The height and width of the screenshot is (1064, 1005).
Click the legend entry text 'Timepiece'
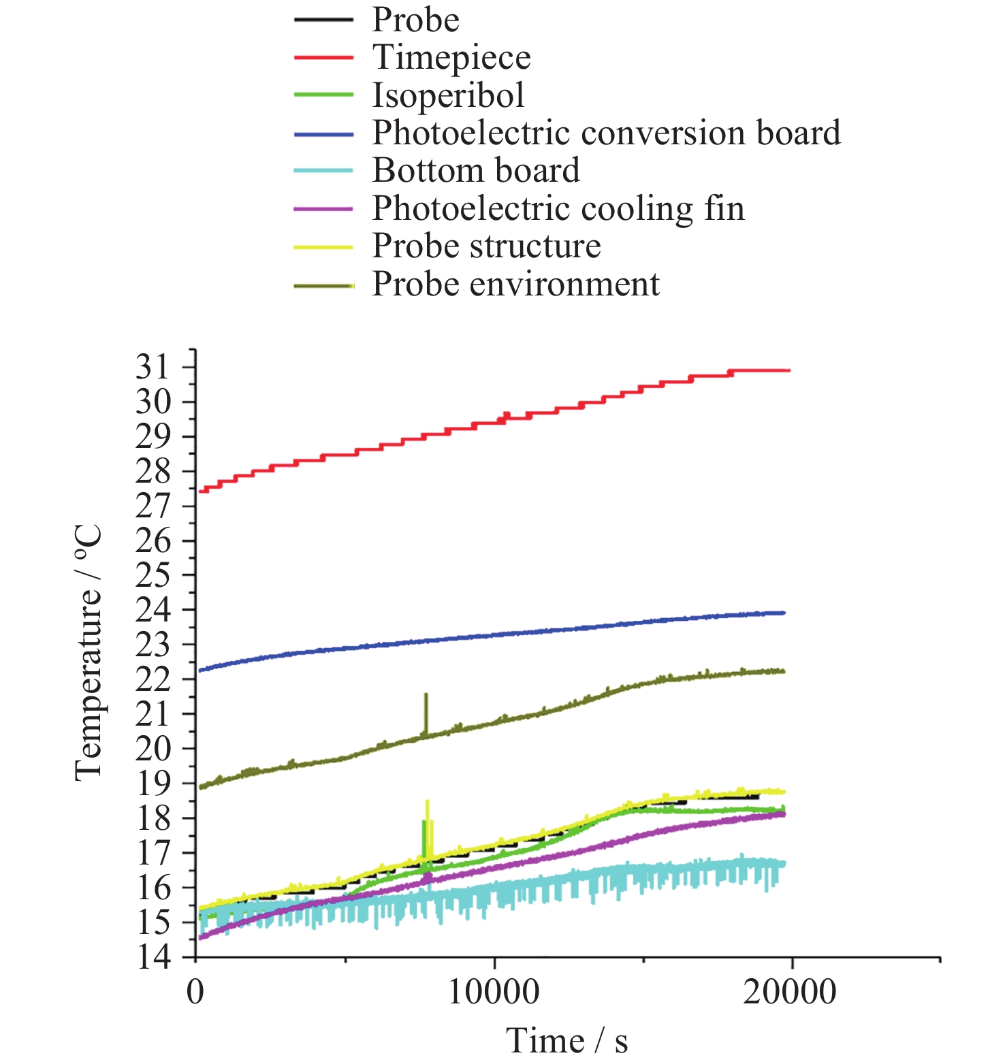point(451,57)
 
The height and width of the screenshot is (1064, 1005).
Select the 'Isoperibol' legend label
point(448,95)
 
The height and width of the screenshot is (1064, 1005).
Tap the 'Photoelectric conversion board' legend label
point(606,133)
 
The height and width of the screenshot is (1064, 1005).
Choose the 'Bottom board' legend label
point(476,170)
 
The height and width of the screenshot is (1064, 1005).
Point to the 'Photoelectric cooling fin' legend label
point(558,208)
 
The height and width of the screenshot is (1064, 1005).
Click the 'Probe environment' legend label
point(515,284)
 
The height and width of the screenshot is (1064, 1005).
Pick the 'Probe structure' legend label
point(486,246)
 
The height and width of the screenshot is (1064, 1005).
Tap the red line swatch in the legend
point(323,58)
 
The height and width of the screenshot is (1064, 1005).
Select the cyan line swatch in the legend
point(323,171)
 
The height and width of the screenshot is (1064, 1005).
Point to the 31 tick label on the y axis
point(153,368)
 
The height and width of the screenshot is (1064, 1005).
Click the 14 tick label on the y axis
point(153,957)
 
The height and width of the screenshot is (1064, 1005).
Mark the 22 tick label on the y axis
point(153,679)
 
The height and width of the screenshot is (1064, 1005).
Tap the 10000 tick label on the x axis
point(494,992)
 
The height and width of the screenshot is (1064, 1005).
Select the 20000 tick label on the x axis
point(790,992)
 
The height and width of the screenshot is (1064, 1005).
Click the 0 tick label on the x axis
point(195,992)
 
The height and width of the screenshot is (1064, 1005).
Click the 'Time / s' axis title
point(567,1041)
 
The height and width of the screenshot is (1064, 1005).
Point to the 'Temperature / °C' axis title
point(89,652)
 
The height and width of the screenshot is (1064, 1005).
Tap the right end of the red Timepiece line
point(788,370)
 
